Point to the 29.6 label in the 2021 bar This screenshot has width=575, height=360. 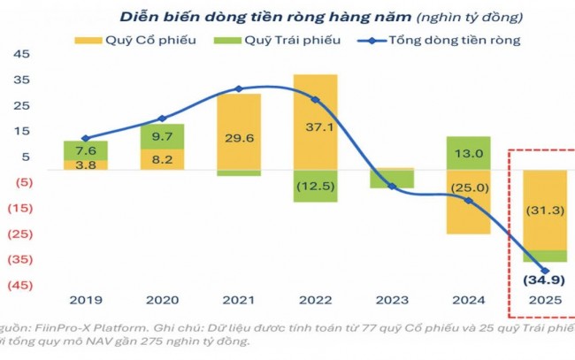pos(239,136)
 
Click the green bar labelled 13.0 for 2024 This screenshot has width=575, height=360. pos(468,153)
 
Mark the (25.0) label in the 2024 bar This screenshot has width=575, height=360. pos(468,188)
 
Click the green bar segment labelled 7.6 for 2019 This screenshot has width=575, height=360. pos(86,149)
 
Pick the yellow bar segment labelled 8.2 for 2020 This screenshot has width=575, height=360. pos(162,160)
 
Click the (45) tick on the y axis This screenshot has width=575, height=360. pos(19,286)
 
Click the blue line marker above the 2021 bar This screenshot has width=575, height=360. pos(239,88)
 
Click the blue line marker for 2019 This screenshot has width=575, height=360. pos(86,138)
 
